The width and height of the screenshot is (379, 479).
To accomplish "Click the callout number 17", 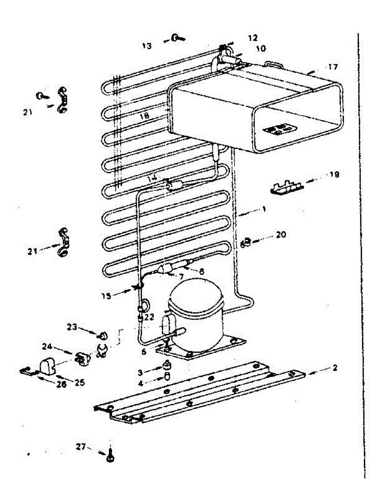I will (x=333, y=67).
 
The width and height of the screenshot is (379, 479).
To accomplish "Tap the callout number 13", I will (x=146, y=46).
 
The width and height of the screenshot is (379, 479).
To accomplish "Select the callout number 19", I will (x=334, y=175).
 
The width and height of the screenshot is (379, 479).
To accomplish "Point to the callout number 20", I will (x=281, y=236).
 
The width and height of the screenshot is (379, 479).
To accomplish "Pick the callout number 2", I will (x=334, y=368).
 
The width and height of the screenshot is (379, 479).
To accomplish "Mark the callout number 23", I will (x=71, y=327).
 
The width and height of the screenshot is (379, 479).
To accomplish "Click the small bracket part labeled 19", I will (x=285, y=188).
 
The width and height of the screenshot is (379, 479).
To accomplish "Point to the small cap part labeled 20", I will (x=247, y=242).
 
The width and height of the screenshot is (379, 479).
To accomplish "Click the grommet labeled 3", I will (x=166, y=365).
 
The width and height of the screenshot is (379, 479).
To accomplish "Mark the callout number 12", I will (x=252, y=38).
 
